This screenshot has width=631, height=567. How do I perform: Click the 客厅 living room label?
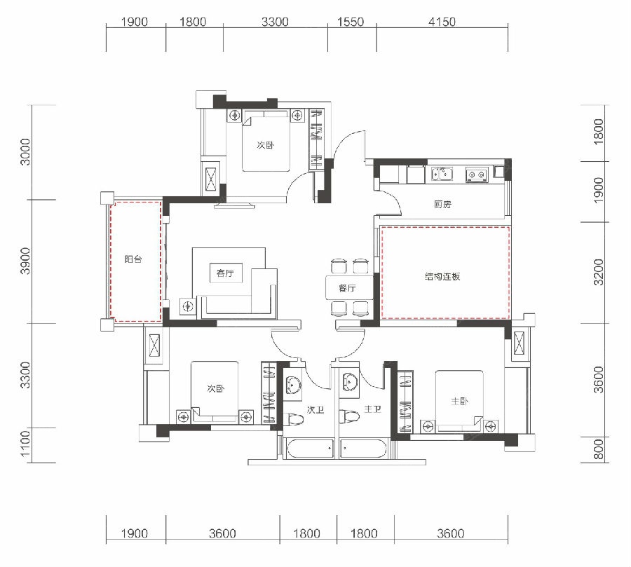click(x=225, y=273)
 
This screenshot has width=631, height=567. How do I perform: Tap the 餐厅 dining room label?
click(x=347, y=288)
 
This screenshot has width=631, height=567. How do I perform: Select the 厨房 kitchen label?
click(x=442, y=204)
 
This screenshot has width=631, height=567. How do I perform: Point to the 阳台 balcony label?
click(x=133, y=259)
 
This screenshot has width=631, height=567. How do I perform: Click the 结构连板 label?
click(x=442, y=276)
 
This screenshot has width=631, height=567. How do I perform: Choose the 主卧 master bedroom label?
click(x=459, y=401)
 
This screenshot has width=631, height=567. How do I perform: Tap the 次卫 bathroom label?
click(x=315, y=410)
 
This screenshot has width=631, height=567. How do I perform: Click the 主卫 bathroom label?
click(x=373, y=410)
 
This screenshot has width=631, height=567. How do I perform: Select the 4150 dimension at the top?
click(x=442, y=21)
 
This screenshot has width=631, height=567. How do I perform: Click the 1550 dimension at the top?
click(x=351, y=21)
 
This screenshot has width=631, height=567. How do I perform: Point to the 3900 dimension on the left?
click(x=25, y=261)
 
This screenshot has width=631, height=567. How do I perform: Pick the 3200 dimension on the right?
click(x=599, y=272)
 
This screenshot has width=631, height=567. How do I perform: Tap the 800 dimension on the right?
click(x=599, y=449)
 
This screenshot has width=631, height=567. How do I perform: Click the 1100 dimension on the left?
click(x=25, y=444)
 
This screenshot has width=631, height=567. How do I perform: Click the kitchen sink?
click(x=442, y=175)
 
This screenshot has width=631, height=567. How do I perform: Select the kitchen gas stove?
click(x=476, y=175)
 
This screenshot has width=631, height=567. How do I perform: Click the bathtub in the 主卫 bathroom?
click(x=363, y=449)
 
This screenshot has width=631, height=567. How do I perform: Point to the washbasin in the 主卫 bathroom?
click(x=349, y=381)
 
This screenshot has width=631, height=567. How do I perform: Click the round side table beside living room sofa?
click(x=188, y=307)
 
